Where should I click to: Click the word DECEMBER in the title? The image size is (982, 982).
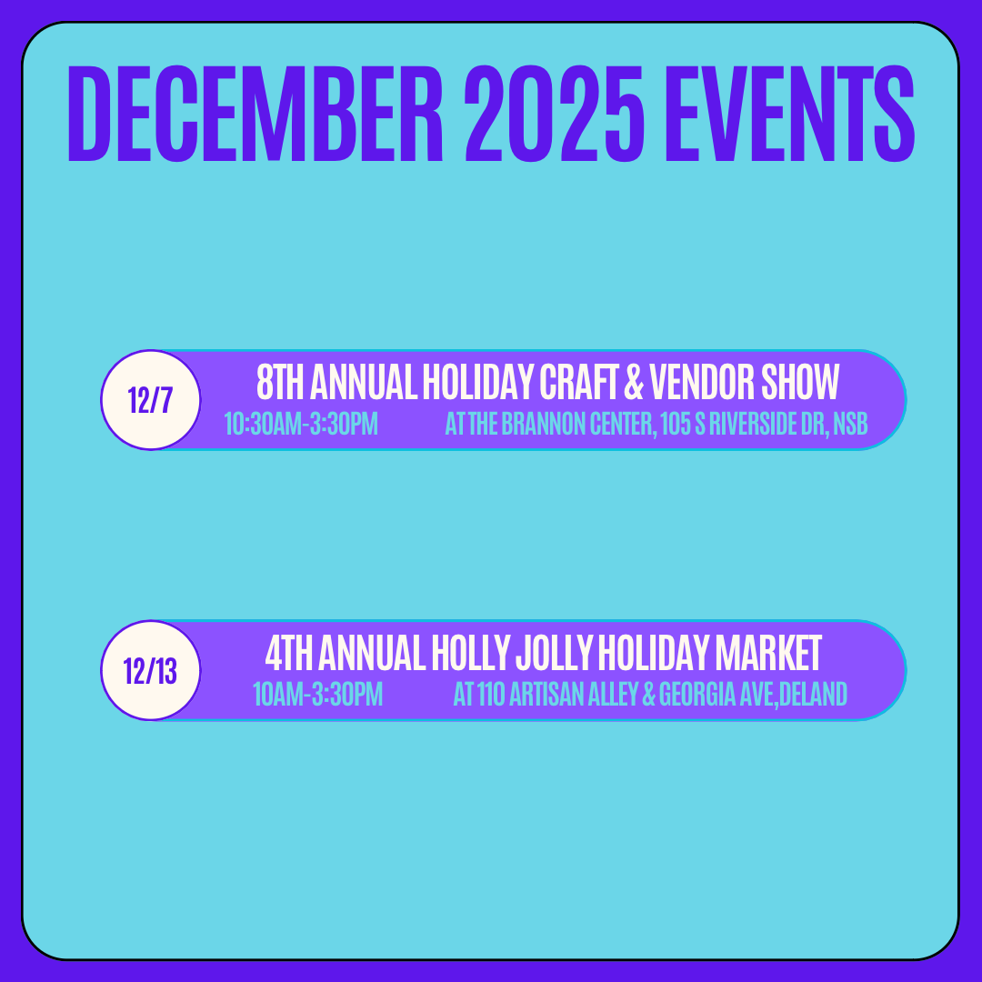tap(256, 114)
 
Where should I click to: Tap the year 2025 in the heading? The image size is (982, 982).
tap(555, 114)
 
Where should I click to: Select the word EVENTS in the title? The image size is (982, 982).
tap(790, 114)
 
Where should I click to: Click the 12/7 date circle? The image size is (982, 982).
tap(150, 399)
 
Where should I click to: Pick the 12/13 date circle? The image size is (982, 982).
tap(150, 670)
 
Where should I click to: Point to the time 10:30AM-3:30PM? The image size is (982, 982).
tap(301, 424)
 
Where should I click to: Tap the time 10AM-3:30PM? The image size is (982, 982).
tap(317, 695)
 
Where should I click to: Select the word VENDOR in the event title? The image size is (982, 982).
tap(702, 382)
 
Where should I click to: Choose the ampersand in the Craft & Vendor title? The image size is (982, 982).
tap(634, 382)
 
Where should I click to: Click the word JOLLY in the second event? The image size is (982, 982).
tap(554, 653)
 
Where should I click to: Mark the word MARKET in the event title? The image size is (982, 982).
tap(768, 653)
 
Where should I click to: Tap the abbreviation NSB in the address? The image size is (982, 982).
tap(850, 424)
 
